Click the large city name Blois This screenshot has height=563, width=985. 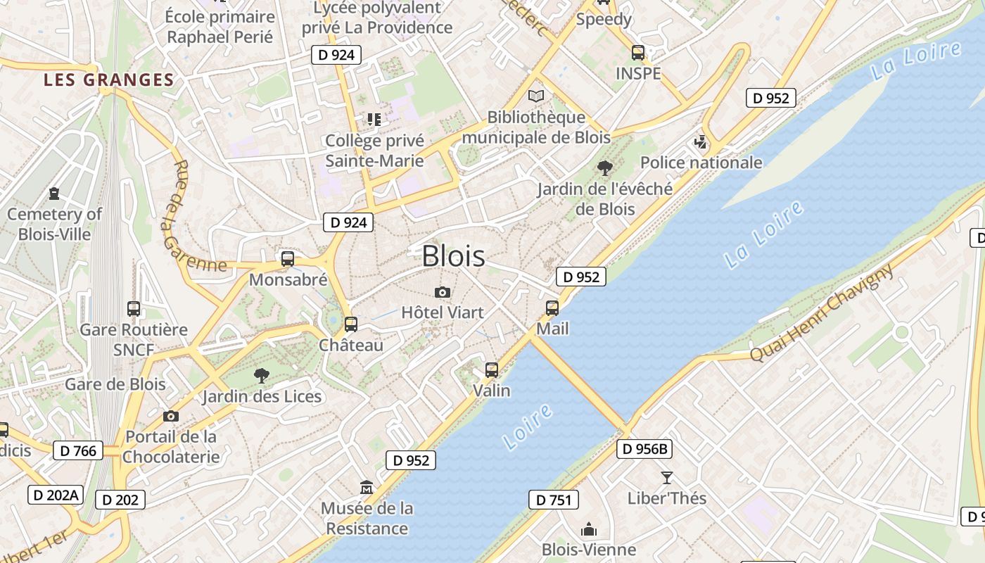click(x=453, y=256)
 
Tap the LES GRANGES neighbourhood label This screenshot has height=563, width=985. click(x=108, y=80)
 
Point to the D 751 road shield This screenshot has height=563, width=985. click(x=553, y=500)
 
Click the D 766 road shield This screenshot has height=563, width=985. click(x=78, y=450)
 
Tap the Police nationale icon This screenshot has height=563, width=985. click(x=700, y=142)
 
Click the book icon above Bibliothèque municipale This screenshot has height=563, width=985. click(x=536, y=96)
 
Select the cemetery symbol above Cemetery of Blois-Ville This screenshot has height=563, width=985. click(x=54, y=193)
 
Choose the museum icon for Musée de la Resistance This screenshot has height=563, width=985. click(x=367, y=487)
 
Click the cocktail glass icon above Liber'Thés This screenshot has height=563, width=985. click(x=666, y=477)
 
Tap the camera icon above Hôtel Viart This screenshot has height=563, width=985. click(x=442, y=292)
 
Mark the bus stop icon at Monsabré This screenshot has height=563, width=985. click(x=288, y=259)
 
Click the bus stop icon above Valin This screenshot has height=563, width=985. click(x=492, y=369)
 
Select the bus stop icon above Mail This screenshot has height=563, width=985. click(x=552, y=308)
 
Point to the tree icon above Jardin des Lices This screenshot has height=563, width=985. click(x=261, y=375)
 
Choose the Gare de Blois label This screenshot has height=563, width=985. click(x=115, y=384)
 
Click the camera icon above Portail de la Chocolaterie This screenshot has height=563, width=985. click(x=170, y=416)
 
